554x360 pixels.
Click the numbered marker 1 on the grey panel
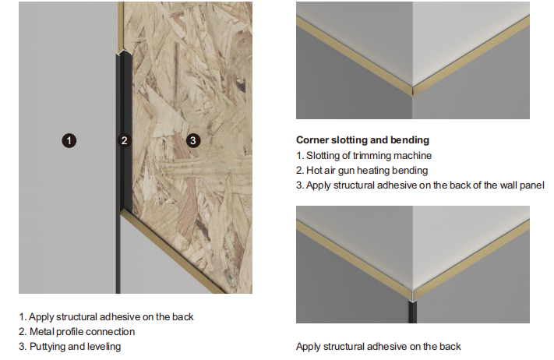pos(69,140)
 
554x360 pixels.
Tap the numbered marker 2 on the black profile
pos(125,140)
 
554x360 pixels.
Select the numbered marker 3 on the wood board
pos(193,140)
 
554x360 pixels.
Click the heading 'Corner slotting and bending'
pos(362,140)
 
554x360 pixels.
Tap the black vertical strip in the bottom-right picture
pos(412,312)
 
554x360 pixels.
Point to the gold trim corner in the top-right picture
pos(413,91)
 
